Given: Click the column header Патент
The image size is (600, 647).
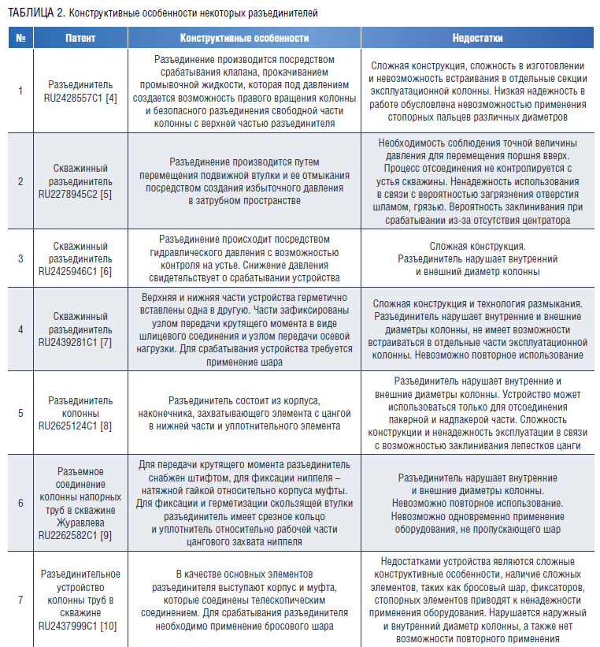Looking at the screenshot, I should point(80,38).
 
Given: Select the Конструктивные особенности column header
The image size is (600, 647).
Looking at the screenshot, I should point(244,38).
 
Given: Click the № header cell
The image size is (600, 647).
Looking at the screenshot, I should point(20,38).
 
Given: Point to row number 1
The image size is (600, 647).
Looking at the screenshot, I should point(20,91).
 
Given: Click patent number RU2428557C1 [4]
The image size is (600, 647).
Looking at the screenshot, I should point(80,97).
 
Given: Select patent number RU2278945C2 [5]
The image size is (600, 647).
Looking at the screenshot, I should point(80,191).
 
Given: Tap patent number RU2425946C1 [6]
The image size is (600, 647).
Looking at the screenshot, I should point(80,270).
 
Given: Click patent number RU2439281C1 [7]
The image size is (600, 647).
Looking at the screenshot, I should point(80,343).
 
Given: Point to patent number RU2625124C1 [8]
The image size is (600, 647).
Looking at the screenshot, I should point(80,425).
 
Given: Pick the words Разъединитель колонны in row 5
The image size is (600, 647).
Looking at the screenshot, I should point(80,407).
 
